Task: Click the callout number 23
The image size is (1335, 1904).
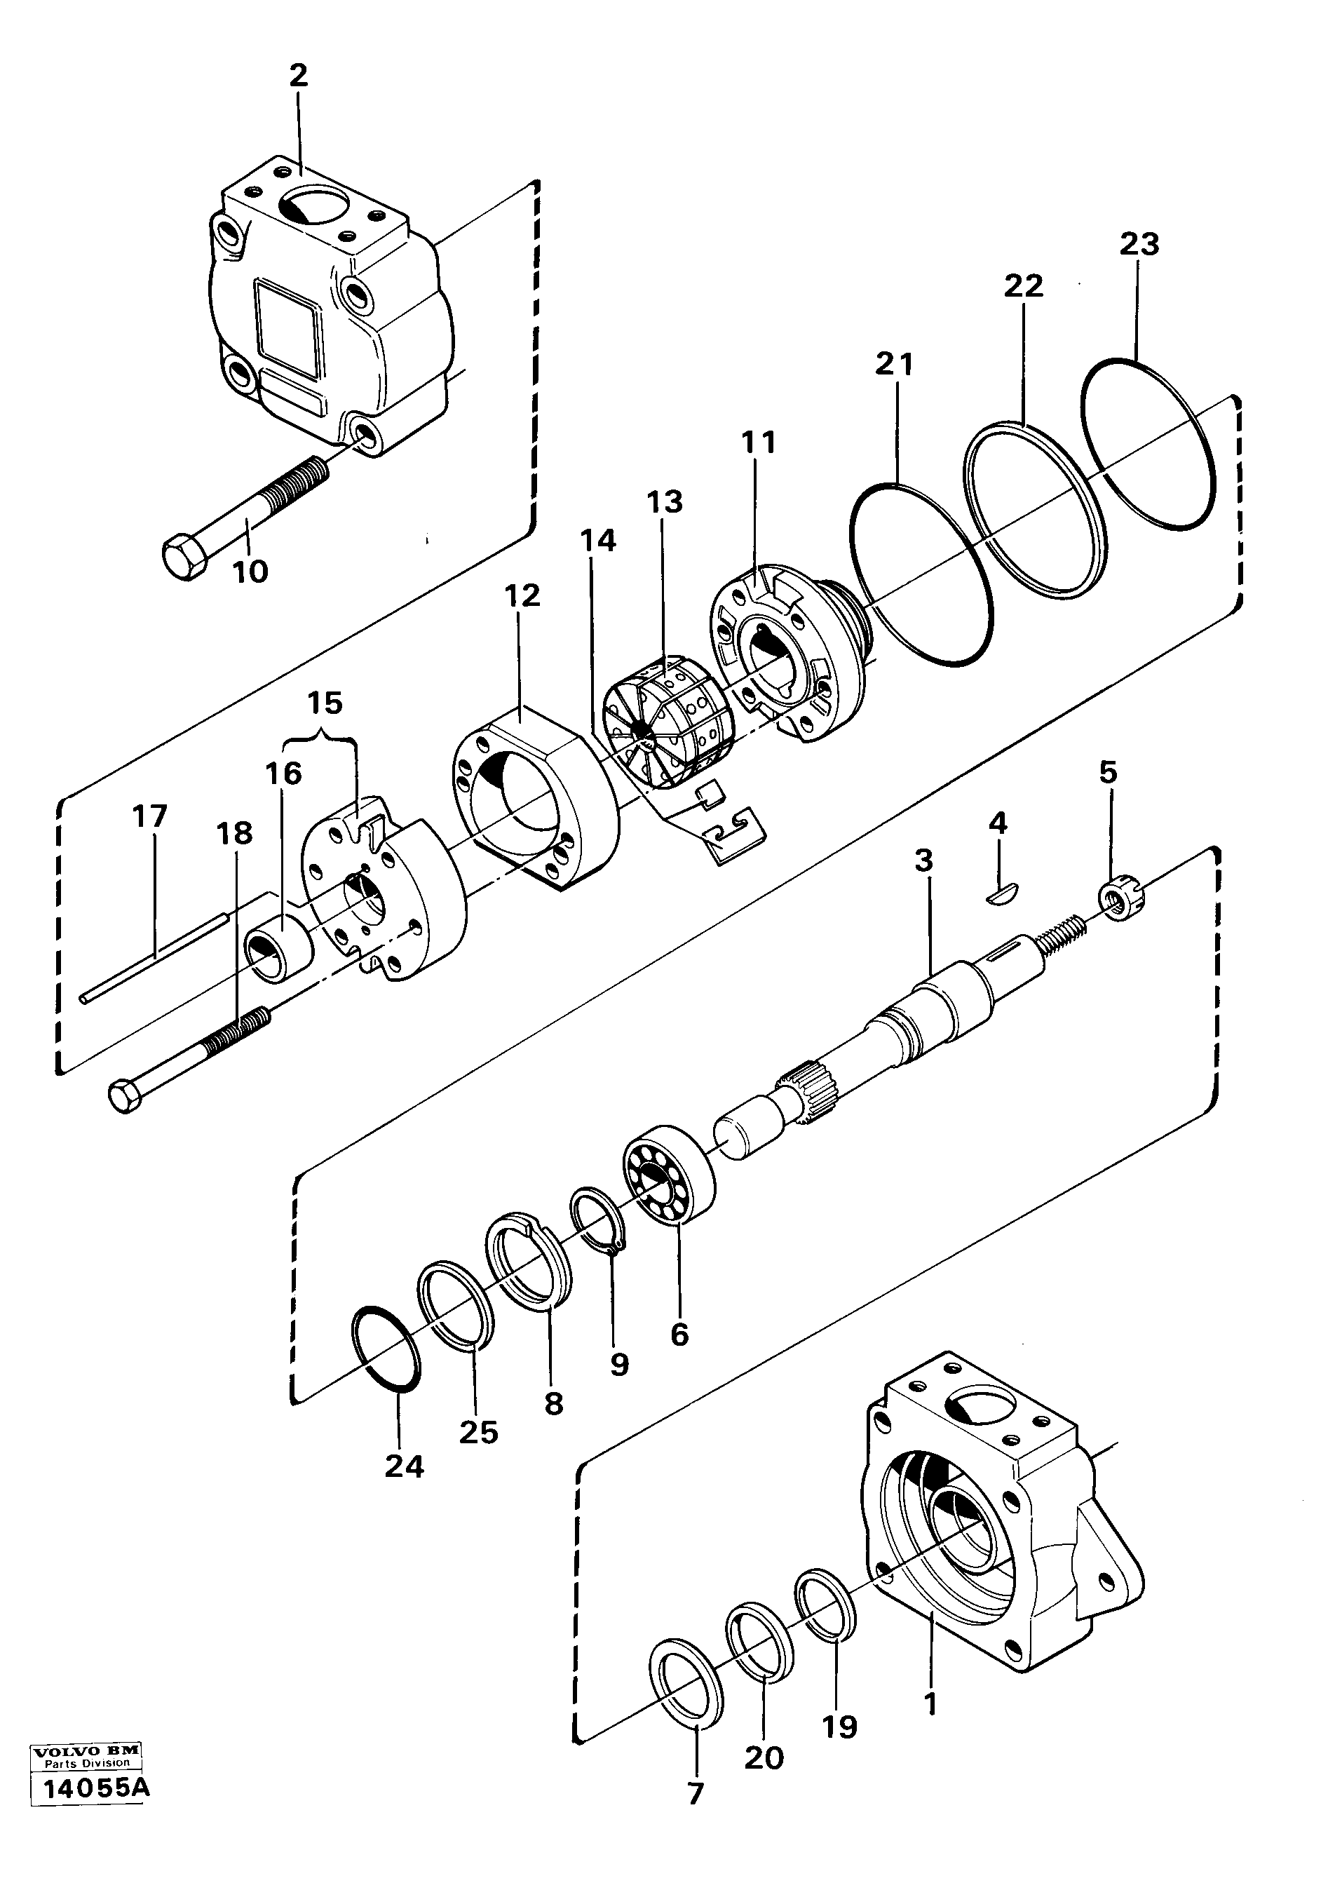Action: (1139, 245)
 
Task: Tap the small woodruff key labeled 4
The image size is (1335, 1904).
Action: (998, 893)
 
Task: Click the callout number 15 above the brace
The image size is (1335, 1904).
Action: (324, 703)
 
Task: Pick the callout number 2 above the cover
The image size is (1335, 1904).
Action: (299, 76)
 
